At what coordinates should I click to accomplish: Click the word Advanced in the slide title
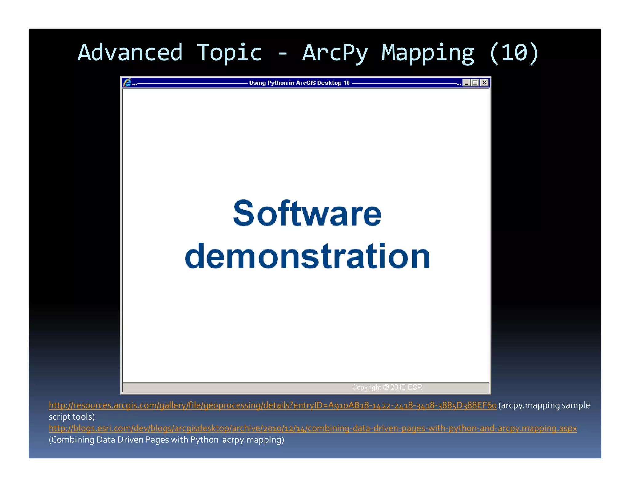(x=130, y=53)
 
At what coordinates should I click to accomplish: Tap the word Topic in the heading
(x=229, y=53)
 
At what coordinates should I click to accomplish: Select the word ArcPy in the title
(x=335, y=53)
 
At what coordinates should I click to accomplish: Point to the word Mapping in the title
(x=428, y=53)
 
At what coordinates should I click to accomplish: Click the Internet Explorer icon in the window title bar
(x=127, y=83)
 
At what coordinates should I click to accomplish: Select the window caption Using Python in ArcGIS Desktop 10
(x=299, y=83)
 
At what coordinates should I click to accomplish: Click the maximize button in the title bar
(x=475, y=83)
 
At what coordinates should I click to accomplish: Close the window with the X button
(x=485, y=83)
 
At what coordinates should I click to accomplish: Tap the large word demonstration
(x=307, y=256)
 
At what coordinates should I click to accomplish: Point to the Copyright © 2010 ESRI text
(x=388, y=387)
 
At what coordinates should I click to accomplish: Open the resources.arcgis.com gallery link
(x=273, y=405)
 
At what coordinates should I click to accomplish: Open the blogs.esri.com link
(x=313, y=428)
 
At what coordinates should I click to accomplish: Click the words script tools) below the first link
(x=72, y=417)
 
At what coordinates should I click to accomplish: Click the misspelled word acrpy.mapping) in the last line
(x=253, y=440)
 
